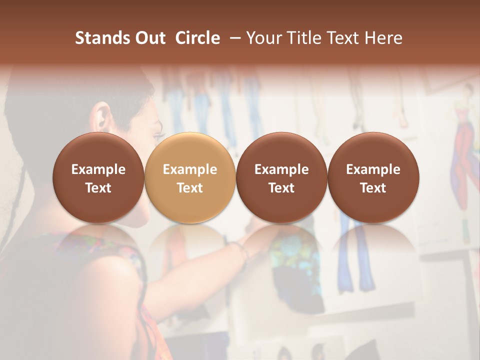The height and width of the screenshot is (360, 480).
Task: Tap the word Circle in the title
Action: [x=197, y=38]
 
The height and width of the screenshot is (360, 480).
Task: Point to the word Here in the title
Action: [x=384, y=38]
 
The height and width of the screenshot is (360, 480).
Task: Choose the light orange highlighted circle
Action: [x=190, y=178]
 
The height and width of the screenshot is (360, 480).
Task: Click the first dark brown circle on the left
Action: [x=98, y=178]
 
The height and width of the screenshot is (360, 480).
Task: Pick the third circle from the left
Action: [x=281, y=178]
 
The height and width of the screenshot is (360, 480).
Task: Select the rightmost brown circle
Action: [x=373, y=178]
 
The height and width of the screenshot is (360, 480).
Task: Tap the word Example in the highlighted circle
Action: [x=190, y=169]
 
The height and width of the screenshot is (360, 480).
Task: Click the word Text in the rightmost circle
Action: [x=373, y=188]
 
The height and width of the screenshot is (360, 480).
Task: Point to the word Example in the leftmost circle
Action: [x=98, y=169]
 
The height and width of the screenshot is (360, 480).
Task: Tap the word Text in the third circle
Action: [x=281, y=188]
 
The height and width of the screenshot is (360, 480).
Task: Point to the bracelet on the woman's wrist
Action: [x=243, y=249]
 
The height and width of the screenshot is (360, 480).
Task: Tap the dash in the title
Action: [x=233, y=38]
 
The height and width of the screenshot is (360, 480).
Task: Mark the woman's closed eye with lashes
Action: [x=159, y=135]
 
